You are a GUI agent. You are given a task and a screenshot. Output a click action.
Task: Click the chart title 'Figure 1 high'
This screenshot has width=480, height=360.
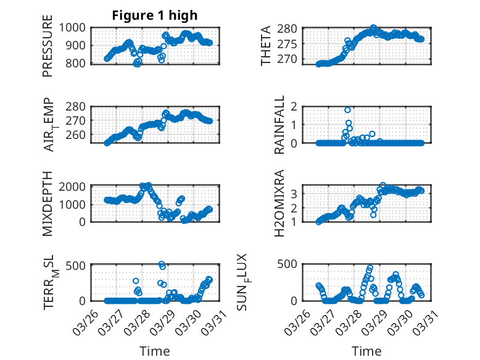151,15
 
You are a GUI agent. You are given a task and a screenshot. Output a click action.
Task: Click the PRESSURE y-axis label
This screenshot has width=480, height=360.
48,50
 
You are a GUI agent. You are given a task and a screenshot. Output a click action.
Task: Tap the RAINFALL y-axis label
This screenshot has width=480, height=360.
279,125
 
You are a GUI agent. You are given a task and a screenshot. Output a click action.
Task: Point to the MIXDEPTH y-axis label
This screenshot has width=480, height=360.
48,204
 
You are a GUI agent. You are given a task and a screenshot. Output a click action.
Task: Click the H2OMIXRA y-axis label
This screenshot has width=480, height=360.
279,203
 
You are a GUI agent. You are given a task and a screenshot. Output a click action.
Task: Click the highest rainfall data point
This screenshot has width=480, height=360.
348,110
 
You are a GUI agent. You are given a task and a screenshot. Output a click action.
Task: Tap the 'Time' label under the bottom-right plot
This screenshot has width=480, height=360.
366,351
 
